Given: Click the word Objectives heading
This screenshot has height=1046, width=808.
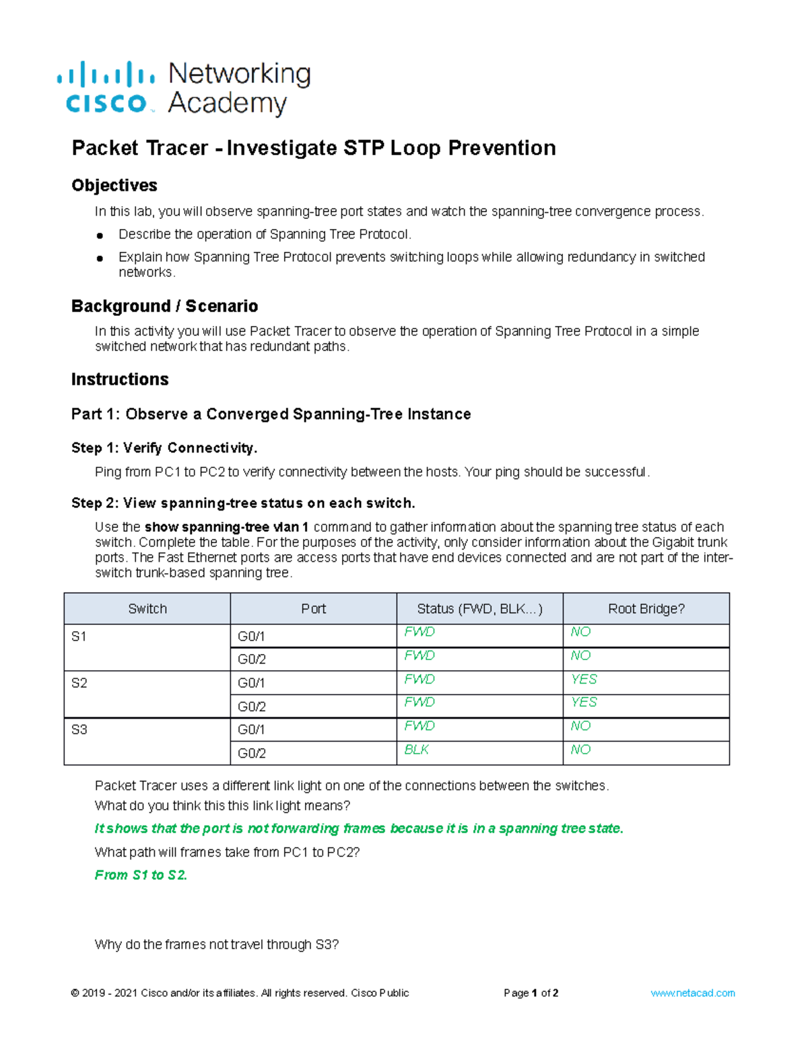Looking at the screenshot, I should (114, 185).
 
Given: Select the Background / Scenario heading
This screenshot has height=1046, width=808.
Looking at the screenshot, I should (164, 306).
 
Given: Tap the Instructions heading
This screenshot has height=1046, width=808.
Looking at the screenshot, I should (120, 379).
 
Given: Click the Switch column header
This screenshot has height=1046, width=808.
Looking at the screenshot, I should (147, 609).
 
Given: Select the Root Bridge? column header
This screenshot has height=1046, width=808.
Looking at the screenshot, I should (646, 609).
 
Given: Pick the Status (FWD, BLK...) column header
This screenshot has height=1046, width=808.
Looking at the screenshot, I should (479, 609).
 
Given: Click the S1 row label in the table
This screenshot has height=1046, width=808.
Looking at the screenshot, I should (79, 636).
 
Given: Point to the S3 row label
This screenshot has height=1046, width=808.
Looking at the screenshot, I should (79, 729).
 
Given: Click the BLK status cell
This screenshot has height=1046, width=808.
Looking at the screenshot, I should (416, 750).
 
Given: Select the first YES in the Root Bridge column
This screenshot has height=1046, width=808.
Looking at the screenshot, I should (584, 679).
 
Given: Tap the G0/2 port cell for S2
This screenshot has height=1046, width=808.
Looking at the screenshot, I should (252, 707).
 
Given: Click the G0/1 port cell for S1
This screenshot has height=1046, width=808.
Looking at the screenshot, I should (252, 636).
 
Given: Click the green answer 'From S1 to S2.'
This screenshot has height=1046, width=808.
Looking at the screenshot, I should (141, 875).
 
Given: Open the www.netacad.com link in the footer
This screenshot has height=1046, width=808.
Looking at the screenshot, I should (692, 993).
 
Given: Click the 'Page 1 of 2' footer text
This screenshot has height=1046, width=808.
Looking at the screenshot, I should (531, 993).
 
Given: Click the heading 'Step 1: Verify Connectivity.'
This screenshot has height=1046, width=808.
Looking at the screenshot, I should (164, 448).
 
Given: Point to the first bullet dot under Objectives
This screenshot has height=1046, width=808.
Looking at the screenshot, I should (100, 236).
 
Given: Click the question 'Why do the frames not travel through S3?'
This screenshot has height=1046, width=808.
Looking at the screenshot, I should (217, 944).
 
